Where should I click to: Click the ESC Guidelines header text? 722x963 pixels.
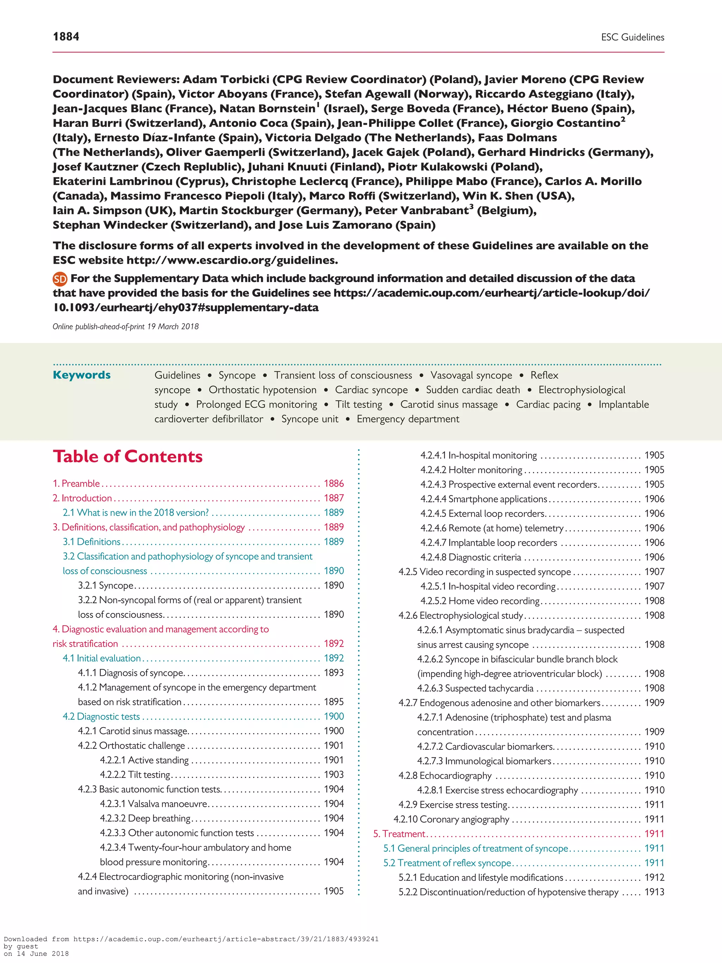632,37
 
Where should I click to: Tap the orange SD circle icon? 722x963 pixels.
60,279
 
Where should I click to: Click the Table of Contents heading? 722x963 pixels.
128,456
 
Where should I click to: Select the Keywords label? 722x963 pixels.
81,375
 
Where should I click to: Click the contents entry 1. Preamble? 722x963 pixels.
76,483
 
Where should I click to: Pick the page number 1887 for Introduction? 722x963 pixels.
334,498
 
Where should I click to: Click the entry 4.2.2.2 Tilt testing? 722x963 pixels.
135,774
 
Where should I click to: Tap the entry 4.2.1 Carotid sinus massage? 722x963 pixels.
133,731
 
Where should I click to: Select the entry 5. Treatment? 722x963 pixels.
399,834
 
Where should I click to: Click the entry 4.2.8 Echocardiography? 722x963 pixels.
445,775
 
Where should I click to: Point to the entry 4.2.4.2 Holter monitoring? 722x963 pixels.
471,470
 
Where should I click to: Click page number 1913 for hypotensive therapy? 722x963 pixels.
654,892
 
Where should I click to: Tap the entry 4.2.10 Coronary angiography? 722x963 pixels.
451,819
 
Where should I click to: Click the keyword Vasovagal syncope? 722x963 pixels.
471,375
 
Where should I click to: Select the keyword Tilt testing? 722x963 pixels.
359,404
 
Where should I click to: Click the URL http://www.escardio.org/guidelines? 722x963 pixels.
232,260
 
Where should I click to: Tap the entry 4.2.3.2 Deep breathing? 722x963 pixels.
145,818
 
